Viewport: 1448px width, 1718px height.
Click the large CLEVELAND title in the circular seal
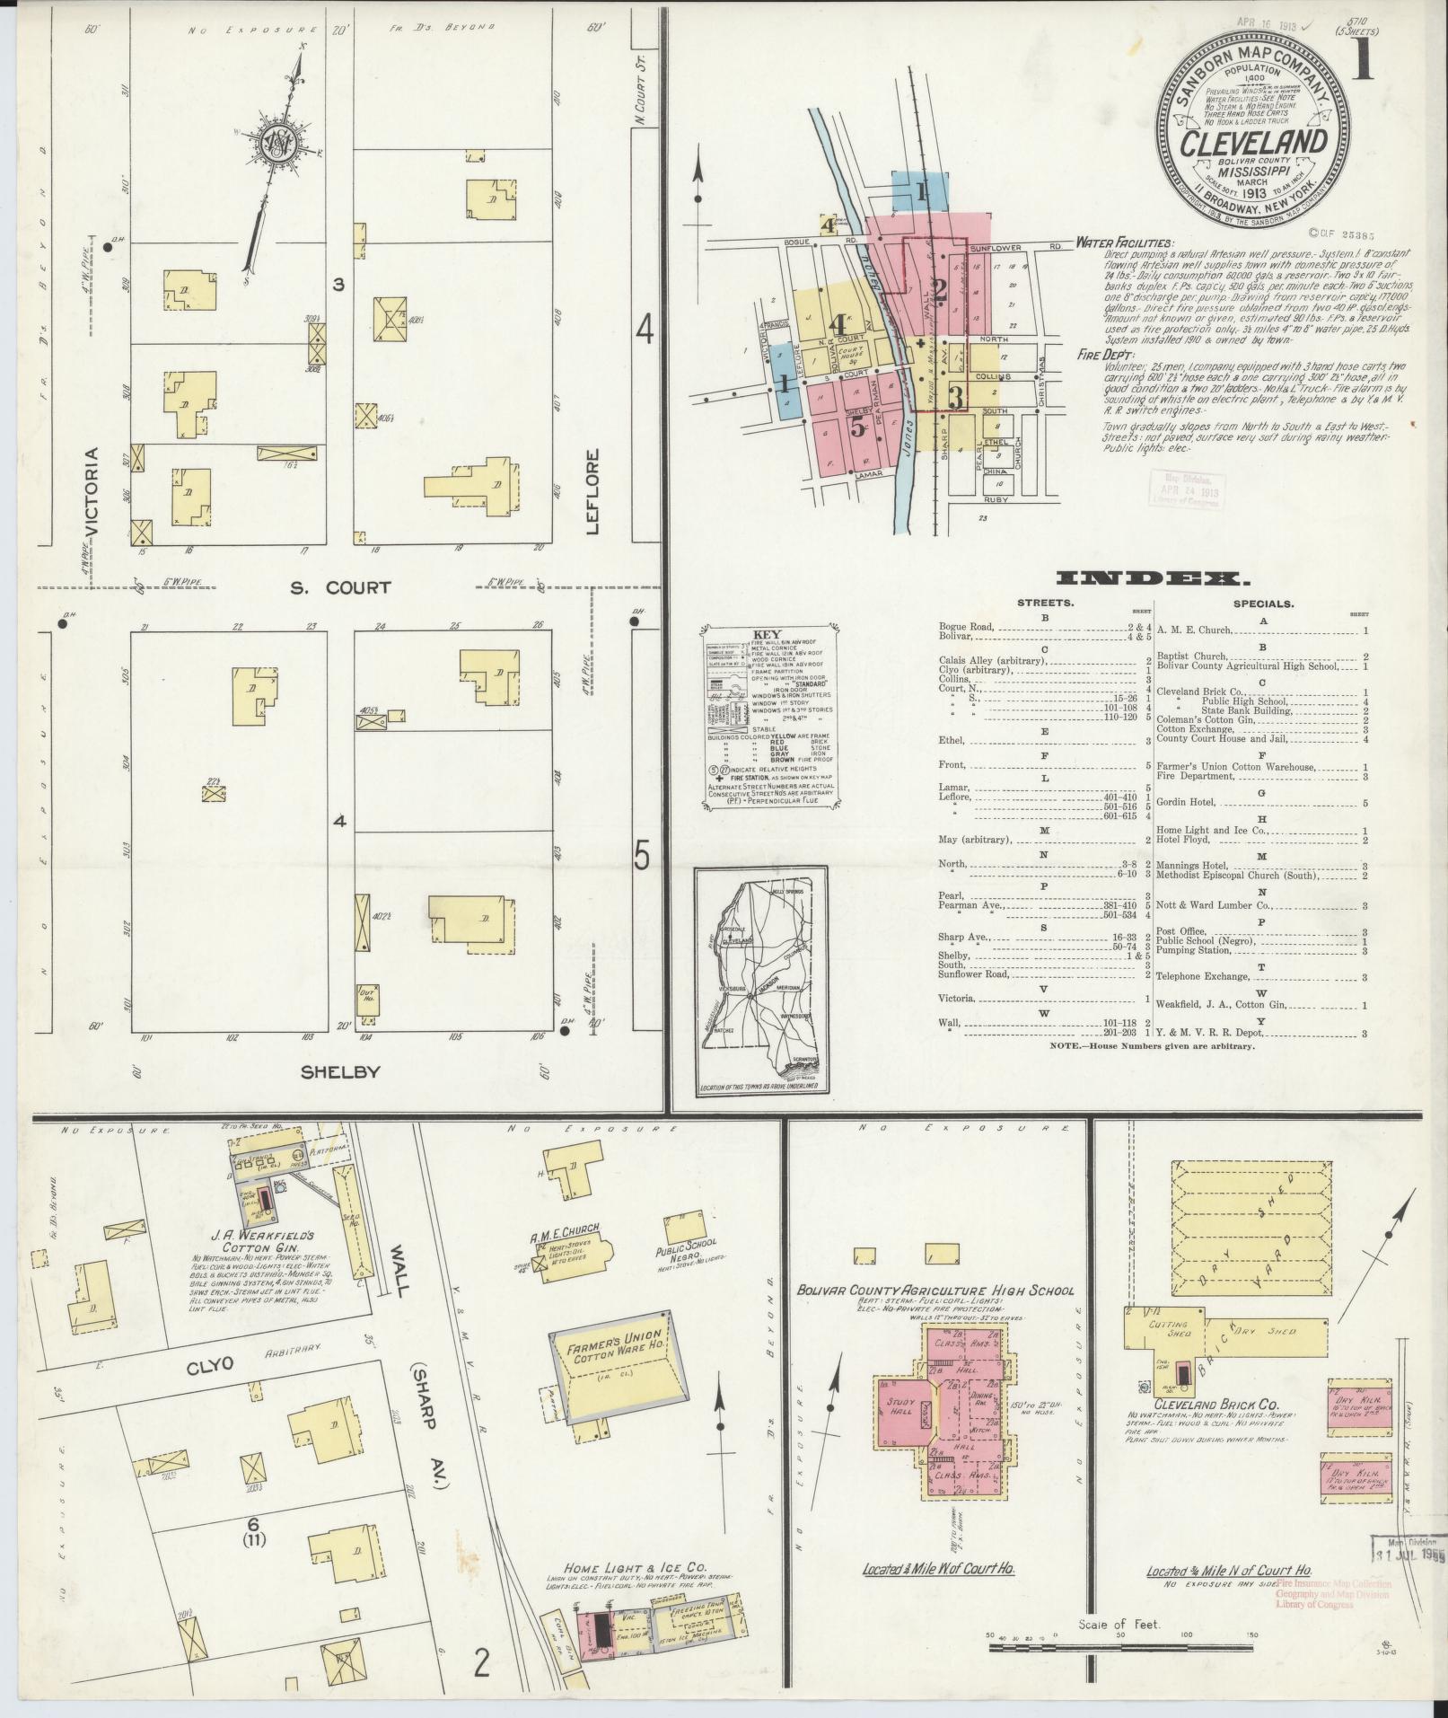1254,144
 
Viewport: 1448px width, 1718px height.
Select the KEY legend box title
769,631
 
